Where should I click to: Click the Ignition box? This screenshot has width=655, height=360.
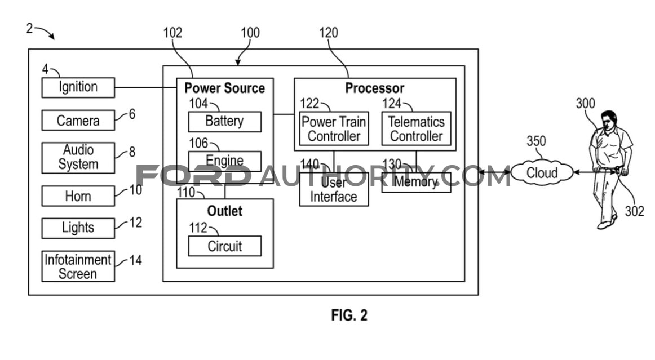pos(78,88)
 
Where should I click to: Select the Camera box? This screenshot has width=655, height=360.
pos(78,120)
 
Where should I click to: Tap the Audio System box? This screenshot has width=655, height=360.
pos(78,158)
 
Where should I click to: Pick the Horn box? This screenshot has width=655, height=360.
pos(78,196)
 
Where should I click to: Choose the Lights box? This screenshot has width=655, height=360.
pos(78,228)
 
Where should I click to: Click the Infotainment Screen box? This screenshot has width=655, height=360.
pos(78,266)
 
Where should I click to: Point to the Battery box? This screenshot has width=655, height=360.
pos(225,122)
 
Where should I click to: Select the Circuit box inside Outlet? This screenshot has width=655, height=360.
pos(225,246)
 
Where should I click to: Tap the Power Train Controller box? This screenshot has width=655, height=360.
pos(334,128)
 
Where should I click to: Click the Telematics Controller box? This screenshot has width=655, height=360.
pos(417,128)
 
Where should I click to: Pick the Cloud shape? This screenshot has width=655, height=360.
pos(542,172)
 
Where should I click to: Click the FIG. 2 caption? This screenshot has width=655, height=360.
pos(349,315)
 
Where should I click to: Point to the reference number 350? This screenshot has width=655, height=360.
pos(536,141)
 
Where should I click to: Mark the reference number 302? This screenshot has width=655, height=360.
pos(634,211)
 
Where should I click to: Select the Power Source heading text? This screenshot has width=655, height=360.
pos(225,88)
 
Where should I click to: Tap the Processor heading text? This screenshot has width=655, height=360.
pos(375,88)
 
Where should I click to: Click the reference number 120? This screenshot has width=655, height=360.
pos(328,33)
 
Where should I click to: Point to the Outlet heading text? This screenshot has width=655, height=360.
pos(225,211)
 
